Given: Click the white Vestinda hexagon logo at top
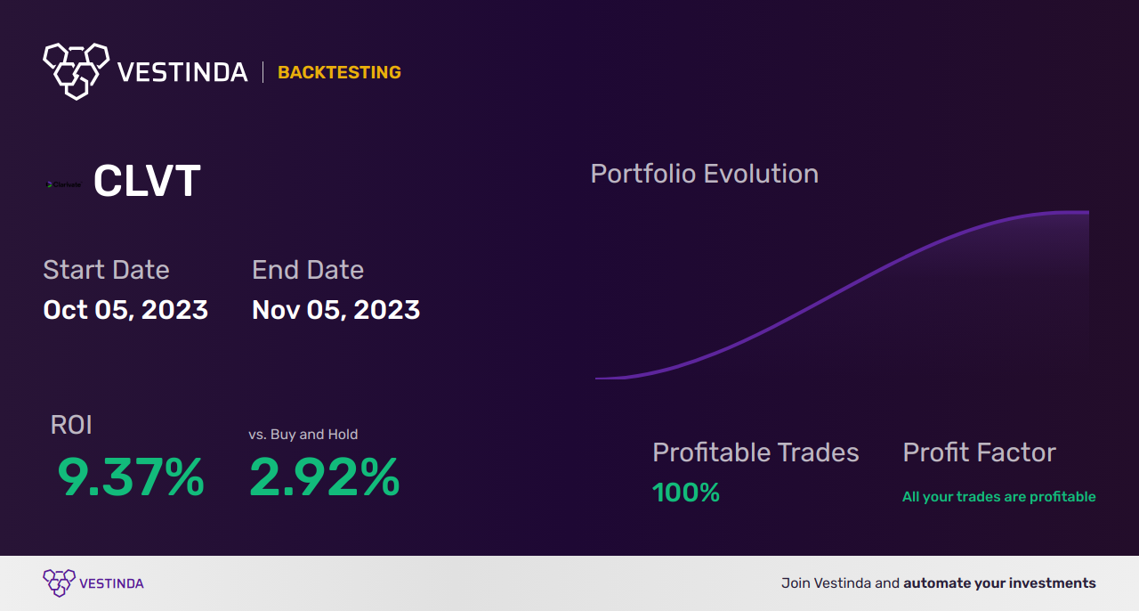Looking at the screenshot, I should tap(76, 70).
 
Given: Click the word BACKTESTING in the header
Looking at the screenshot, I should tap(339, 73).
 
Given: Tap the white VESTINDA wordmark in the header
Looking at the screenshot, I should tap(182, 72).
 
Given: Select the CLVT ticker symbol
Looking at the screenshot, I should tap(147, 182).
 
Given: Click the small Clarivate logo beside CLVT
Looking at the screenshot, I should tap(63, 184).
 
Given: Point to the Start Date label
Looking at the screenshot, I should tap(106, 270).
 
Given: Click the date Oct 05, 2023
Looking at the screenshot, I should tap(125, 310).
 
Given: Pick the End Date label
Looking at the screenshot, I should tap(308, 270).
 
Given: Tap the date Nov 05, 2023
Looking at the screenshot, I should tap(335, 310).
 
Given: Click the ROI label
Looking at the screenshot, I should tap(71, 425).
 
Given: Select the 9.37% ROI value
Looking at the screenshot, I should tap(131, 477).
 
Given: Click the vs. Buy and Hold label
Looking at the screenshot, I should tap(303, 435).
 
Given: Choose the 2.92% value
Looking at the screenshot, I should tap(324, 477).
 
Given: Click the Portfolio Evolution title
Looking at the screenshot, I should tap(704, 174).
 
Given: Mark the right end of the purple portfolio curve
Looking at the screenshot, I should tap(1086, 213).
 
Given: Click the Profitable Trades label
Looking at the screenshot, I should tap(755, 452).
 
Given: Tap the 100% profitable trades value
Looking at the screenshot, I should tap(685, 493).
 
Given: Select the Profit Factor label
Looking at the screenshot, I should tap(979, 452).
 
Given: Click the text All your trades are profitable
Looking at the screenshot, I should tap(998, 497).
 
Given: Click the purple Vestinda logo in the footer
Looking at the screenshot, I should tap(60, 582).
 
